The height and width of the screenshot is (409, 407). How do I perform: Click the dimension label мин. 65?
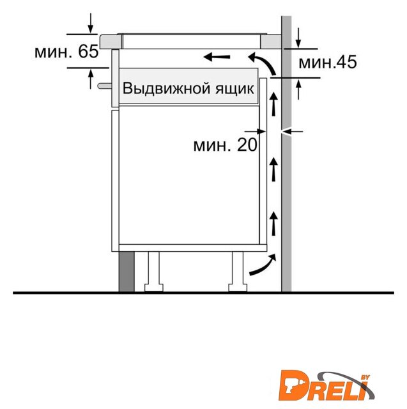[x=66, y=51]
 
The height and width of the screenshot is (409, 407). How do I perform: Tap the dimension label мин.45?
[x=328, y=63]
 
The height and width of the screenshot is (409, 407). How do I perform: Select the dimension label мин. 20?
[x=226, y=145]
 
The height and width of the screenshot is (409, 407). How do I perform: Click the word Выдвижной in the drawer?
[x=166, y=88]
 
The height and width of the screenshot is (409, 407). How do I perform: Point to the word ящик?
[x=234, y=89]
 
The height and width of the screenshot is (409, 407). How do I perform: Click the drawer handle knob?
[x=105, y=86]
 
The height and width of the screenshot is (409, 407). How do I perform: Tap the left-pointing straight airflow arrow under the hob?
[x=217, y=56]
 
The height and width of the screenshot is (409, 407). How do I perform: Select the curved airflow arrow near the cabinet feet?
[x=263, y=266]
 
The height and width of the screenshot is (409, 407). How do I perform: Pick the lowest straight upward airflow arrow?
[x=273, y=223]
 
